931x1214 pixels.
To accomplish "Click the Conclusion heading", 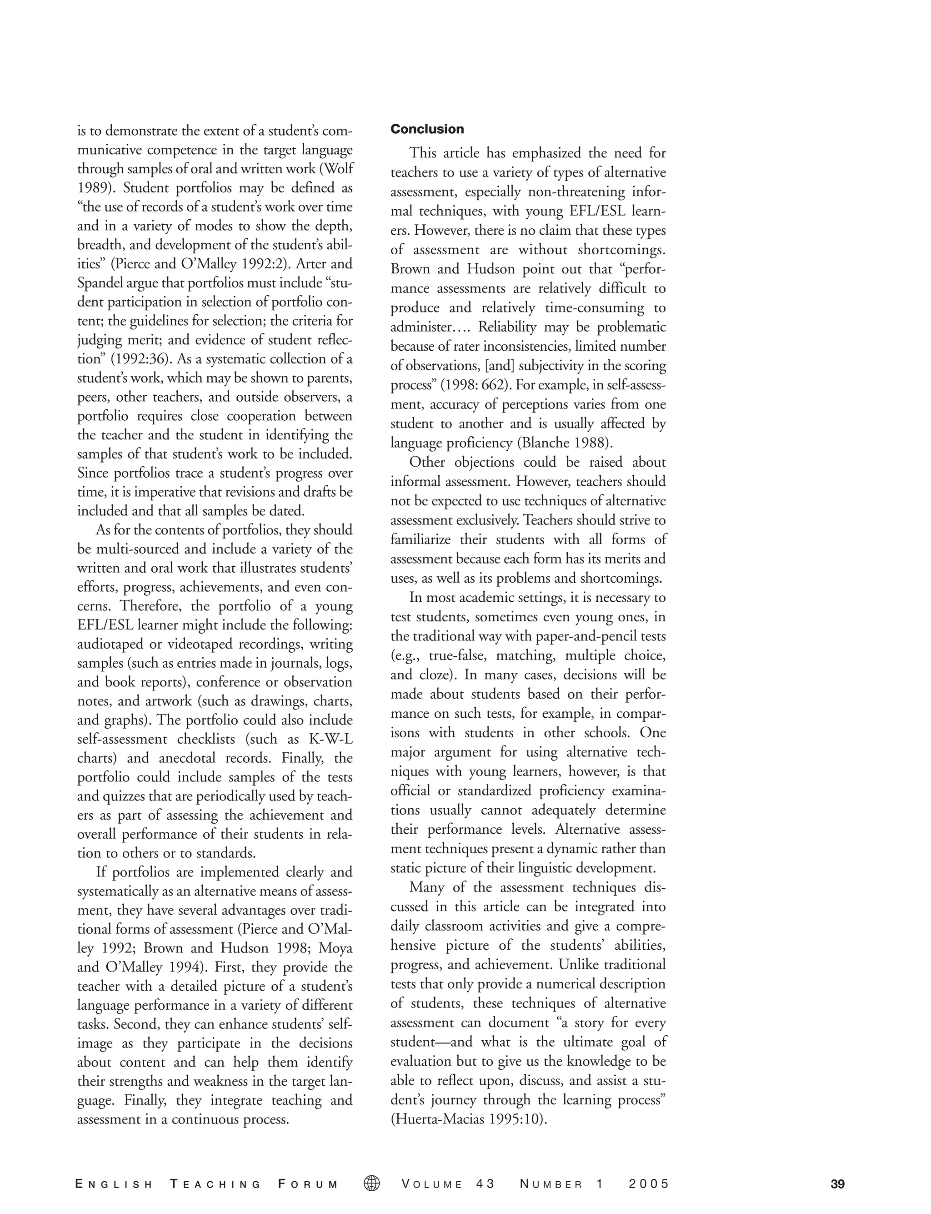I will click(x=427, y=129).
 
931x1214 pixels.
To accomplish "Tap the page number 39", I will click(x=837, y=1184).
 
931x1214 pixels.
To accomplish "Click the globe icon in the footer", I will click(x=372, y=1184).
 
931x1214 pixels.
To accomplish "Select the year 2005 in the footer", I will click(x=649, y=1184).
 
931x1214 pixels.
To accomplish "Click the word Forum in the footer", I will click(x=308, y=1184).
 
